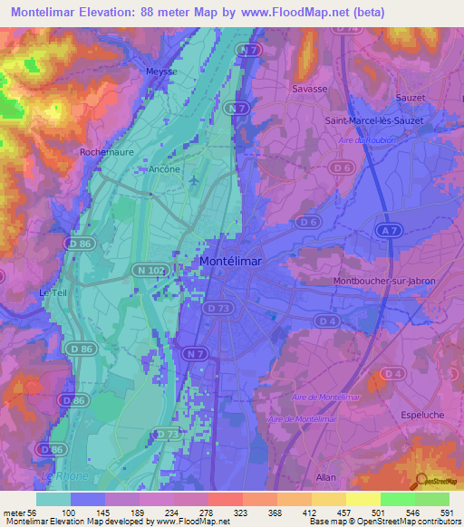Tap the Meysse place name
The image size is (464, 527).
pyautogui.click(x=160, y=71)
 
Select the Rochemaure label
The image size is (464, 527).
pyautogui.click(x=107, y=153)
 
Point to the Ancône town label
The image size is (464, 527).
pyautogui.click(x=163, y=168)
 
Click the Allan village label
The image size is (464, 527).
pyautogui.click(x=325, y=477)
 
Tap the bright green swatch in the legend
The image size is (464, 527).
pyautogui.click(x=397, y=499)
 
